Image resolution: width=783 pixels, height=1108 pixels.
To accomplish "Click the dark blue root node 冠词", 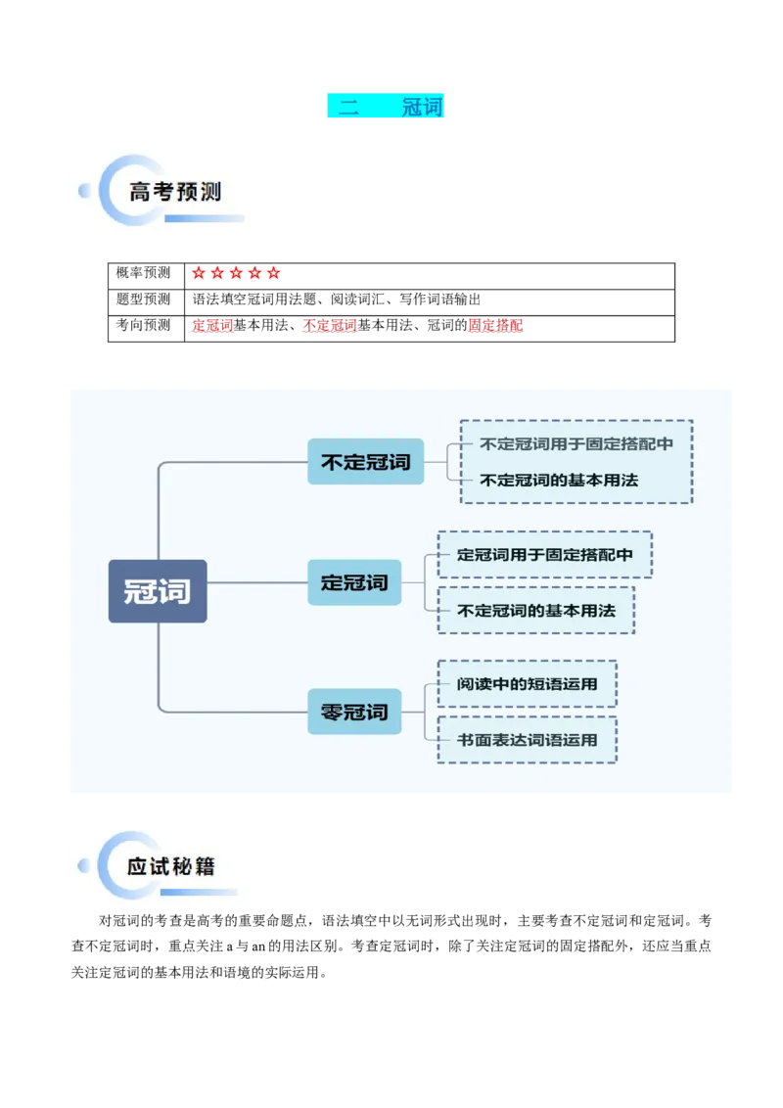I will coord(157,591).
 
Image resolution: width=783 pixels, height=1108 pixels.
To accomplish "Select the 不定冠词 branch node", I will coord(365,461).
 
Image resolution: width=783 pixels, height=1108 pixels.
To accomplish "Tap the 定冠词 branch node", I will coord(354,582).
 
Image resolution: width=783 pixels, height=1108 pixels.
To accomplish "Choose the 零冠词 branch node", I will coord(354,712).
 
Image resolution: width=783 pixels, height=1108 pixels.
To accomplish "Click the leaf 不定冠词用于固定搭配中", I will coord(576,443).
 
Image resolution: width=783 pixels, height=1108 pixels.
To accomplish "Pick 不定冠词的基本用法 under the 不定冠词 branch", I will coord(558,481).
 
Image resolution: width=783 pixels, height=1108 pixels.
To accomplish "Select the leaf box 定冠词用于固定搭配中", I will coord(544,555).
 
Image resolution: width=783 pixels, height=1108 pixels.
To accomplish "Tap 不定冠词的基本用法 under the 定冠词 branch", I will coord(535,611).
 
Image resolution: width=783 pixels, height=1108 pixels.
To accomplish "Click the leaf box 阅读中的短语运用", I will coord(527,683).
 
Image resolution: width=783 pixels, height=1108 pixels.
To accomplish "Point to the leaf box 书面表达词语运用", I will coord(527,740).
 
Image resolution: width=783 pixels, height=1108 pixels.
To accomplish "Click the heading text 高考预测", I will coord(175,192).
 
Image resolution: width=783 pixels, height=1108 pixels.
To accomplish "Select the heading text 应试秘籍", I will coord(170,866).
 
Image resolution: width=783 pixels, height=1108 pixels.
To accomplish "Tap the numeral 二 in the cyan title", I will coord(348,107).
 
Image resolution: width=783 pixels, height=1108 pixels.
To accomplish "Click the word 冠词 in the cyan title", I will coord(422,107).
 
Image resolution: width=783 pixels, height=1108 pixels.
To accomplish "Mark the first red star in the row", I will coord(199,273).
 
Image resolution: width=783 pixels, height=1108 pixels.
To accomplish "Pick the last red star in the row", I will coord(273,273).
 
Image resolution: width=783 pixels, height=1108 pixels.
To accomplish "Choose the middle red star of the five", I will coord(236,273).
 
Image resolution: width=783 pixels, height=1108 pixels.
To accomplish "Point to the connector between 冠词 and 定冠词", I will coord(256,582).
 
